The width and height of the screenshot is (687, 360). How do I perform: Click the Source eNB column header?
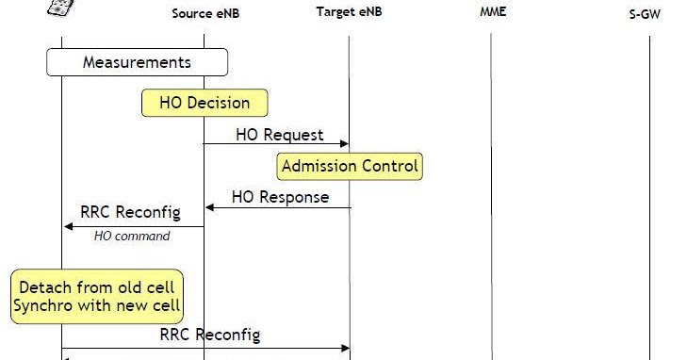tap(204, 13)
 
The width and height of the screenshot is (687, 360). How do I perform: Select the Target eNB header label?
tap(349, 11)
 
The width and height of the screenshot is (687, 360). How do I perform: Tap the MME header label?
tap(491, 11)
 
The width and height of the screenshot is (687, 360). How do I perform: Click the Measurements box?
tap(138, 62)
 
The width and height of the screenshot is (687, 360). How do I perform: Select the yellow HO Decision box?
tap(204, 103)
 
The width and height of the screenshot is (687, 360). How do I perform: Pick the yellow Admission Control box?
tap(351, 167)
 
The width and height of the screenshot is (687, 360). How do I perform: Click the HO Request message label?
tap(279, 135)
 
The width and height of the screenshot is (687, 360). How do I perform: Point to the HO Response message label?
tap(280, 197)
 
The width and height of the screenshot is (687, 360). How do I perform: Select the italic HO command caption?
tap(132, 237)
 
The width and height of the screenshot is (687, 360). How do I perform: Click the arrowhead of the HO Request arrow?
tap(345, 144)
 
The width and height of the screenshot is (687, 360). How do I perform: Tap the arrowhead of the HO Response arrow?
tap(209, 207)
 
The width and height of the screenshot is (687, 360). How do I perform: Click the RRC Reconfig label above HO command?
tap(130, 211)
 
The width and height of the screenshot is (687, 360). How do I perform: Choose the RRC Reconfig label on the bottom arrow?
tap(209, 335)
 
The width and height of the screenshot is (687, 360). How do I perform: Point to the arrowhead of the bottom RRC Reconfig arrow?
tap(345, 348)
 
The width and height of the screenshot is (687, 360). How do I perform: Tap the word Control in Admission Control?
tap(387, 167)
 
